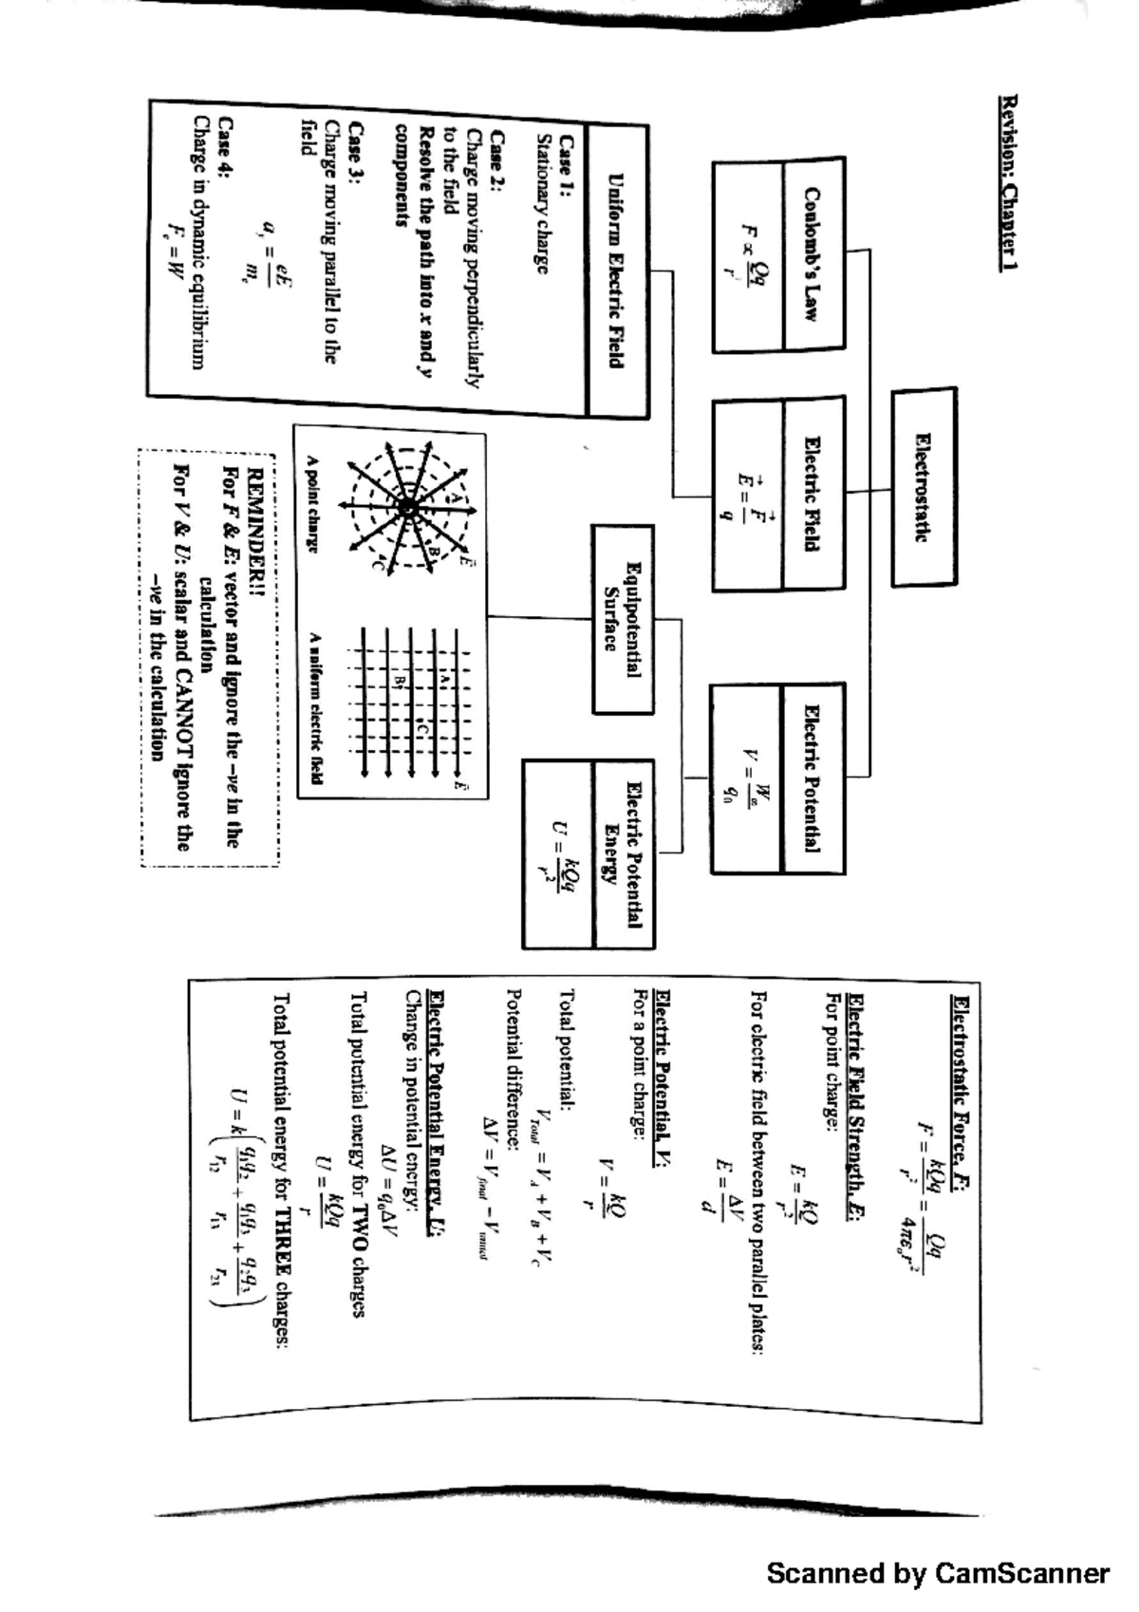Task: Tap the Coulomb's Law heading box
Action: (812, 254)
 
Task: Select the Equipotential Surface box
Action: (623, 619)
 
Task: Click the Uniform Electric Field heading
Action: (617, 272)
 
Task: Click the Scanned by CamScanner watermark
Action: (938, 1573)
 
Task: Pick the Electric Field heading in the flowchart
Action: (812, 494)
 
